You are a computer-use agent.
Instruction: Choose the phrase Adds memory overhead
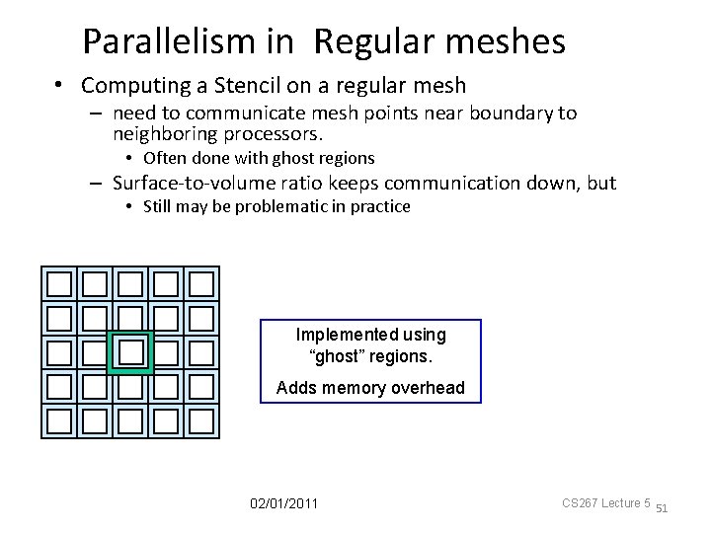370,388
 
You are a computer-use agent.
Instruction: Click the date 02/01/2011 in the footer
284,503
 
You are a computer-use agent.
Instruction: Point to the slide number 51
663,508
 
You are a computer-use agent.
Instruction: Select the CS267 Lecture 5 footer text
605,503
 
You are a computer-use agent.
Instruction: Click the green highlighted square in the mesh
130,352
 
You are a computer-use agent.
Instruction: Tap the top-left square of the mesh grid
59,284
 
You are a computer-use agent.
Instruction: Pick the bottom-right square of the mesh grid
201,420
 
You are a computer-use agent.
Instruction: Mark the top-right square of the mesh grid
201,284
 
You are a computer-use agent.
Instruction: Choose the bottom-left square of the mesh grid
59,420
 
